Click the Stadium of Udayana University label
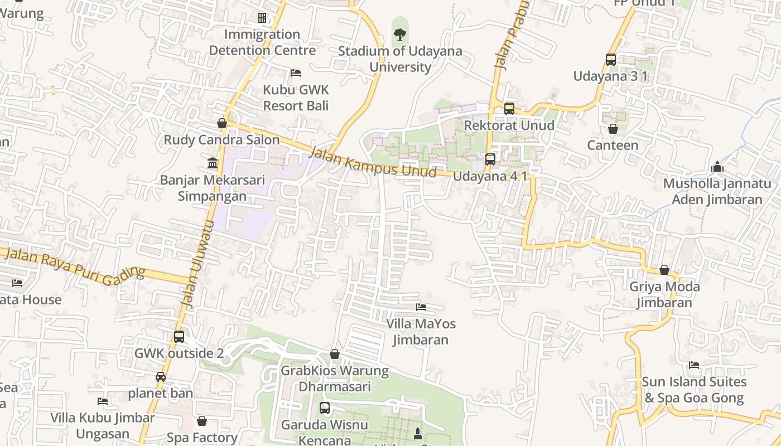(400, 59)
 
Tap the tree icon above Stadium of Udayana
(399, 34)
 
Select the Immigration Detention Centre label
(262, 42)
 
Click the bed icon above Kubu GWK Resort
(296, 73)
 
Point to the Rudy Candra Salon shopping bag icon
(222, 123)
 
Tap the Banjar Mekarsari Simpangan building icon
(213, 163)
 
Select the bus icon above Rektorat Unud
(509, 109)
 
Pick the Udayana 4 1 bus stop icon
(490, 159)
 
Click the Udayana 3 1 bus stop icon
(610, 60)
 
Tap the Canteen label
(613, 146)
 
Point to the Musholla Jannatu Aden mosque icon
(717, 167)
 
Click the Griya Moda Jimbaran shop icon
(664, 270)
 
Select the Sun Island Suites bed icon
(694, 365)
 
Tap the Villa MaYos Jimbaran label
(421, 332)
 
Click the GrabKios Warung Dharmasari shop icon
(334, 354)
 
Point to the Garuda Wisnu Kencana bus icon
(325, 408)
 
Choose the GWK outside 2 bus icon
(179, 337)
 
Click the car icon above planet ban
(161, 377)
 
